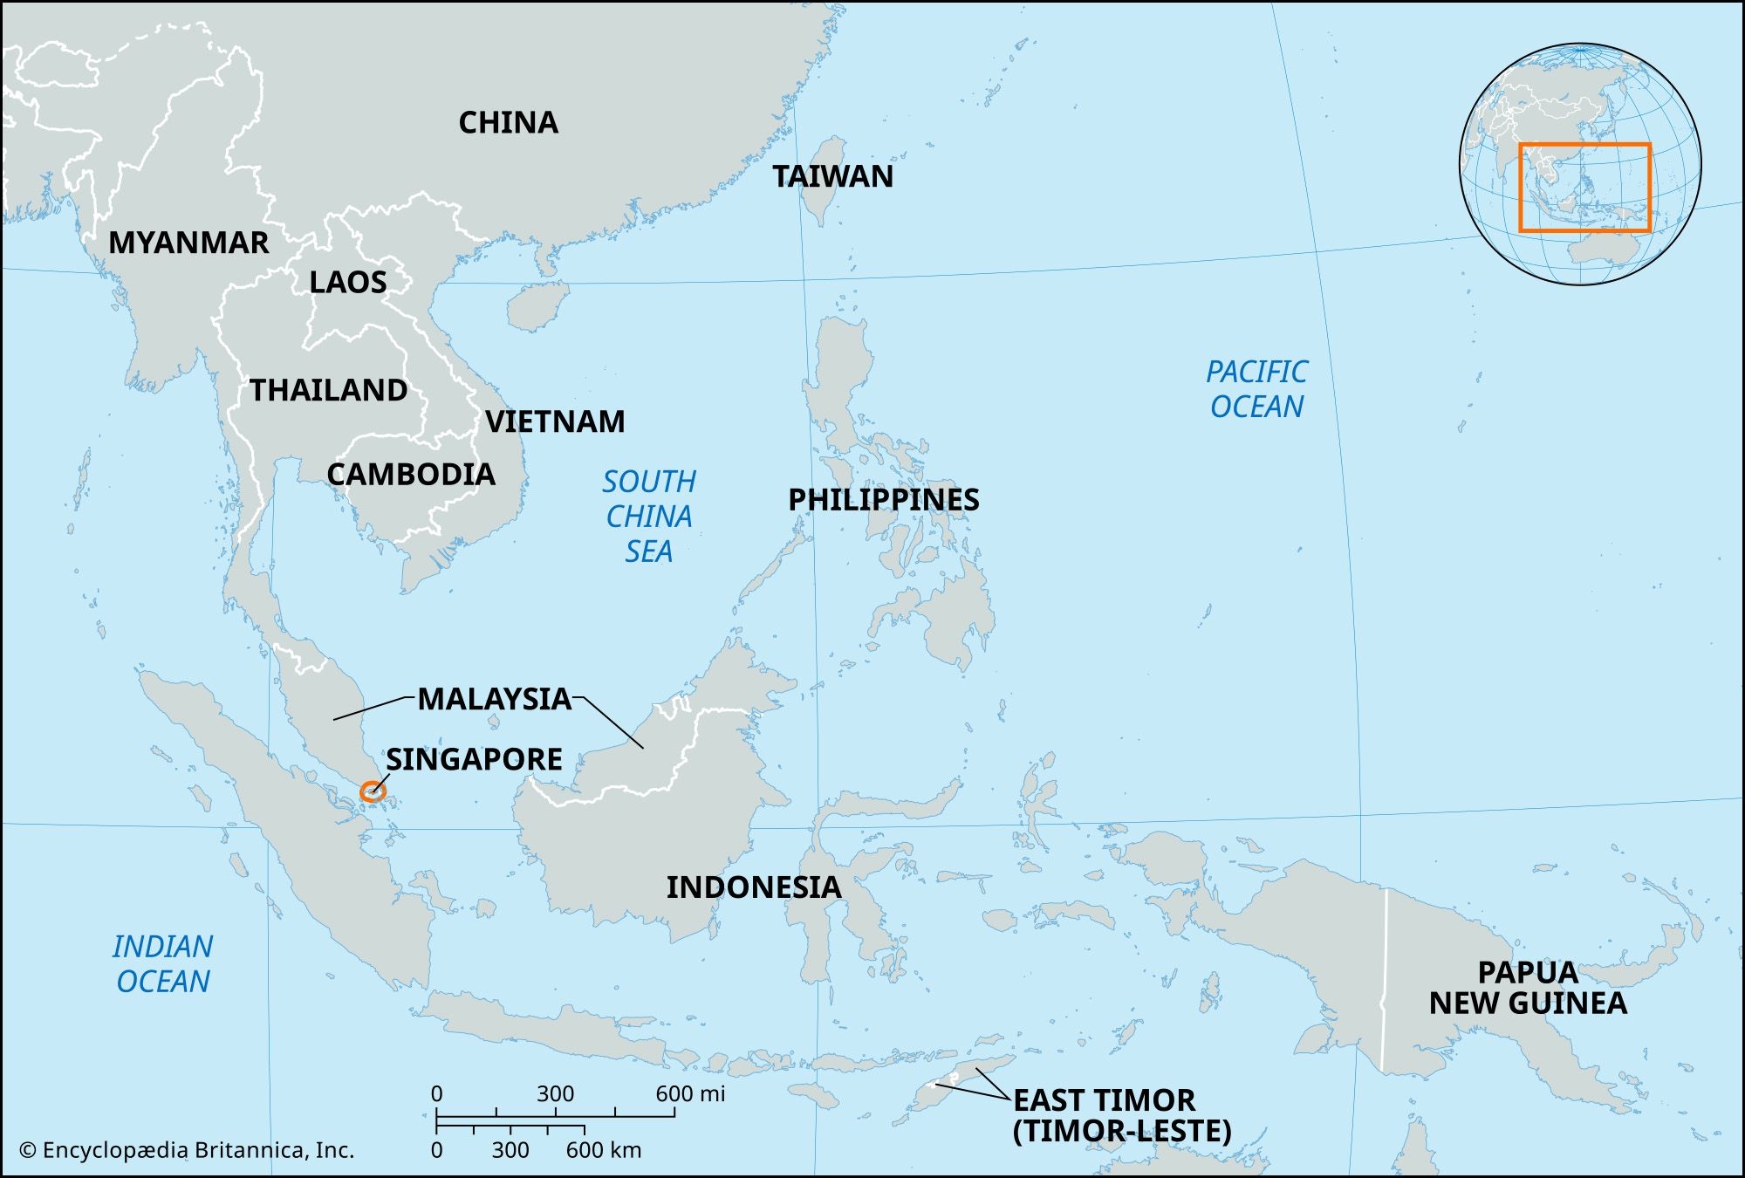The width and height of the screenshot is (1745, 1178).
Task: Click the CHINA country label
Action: point(508,123)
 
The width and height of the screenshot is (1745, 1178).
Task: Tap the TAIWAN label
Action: point(832,177)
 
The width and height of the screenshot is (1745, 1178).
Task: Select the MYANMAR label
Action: point(188,243)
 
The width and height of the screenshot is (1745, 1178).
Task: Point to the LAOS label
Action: point(347,283)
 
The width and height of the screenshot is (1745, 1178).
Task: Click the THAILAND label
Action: point(328,390)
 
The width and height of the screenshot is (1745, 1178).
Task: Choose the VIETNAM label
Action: point(555,422)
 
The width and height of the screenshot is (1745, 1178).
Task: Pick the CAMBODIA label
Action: point(411,475)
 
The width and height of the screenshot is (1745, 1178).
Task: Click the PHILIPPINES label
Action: point(883,500)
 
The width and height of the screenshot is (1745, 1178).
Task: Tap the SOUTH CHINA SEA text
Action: point(649,517)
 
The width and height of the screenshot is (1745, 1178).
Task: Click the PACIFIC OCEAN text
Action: point(1256,389)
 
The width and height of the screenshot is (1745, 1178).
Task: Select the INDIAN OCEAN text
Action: point(162,964)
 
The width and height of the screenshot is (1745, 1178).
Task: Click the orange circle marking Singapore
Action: point(373,791)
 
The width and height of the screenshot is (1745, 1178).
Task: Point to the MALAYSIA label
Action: point(494,699)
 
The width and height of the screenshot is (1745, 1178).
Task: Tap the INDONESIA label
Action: point(753,887)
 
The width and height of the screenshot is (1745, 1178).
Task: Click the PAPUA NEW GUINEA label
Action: point(1528,988)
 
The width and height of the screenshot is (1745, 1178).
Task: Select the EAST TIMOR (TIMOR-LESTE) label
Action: point(1121,1115)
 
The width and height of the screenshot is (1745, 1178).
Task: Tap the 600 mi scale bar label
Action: point(689,1093)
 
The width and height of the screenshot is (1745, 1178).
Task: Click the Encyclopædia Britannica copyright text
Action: point(187,1150)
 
